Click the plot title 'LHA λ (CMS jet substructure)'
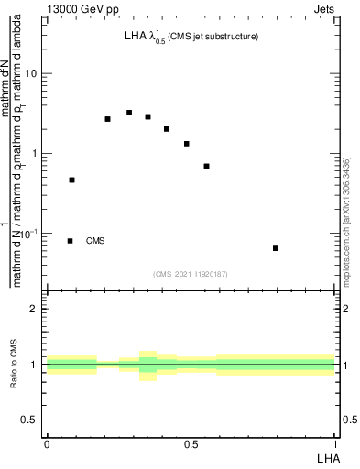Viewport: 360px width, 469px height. [x=191, y=38]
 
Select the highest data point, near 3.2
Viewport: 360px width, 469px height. [x=129, y=113]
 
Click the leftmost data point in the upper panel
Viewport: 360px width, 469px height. [x=71, y=180]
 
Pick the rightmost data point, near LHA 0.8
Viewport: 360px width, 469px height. [x=276, y=248]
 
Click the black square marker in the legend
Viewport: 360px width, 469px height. [x=71, y=241]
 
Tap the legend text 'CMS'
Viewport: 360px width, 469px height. [x=95, y=241]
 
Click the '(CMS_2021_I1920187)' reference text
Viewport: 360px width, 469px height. [x=190, y=274]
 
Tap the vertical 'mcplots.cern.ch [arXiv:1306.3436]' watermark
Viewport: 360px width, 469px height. [x=345, y=229]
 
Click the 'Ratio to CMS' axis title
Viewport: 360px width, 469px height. [x=14, y=365]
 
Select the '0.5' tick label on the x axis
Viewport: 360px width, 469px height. [x=191, y=443]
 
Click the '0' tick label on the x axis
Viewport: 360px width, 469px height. [x=47, y=443]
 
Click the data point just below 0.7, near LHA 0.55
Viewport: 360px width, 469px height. [x=207, y=166]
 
